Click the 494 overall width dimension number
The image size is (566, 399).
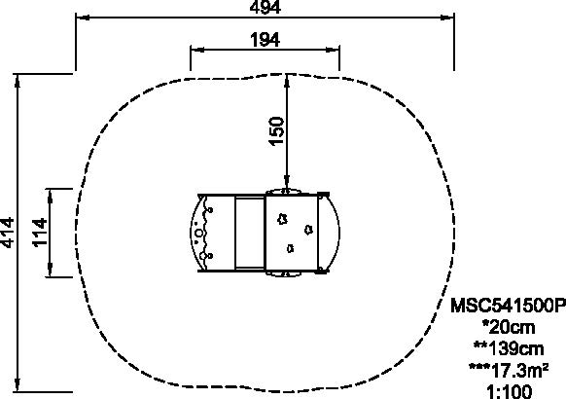pos(265,7)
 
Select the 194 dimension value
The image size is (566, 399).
pos(265,39)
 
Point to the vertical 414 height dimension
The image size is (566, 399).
pos(8,233)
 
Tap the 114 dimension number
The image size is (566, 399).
pos(40,233)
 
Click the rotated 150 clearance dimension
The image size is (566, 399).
pos(277,131)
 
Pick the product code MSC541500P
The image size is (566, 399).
pos(508,306)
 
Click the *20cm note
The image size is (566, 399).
pos(509,327)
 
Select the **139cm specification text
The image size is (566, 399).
pos(509,348)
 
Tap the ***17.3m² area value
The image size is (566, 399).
pos(509,371)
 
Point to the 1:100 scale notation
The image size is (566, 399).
pos(509,392)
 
